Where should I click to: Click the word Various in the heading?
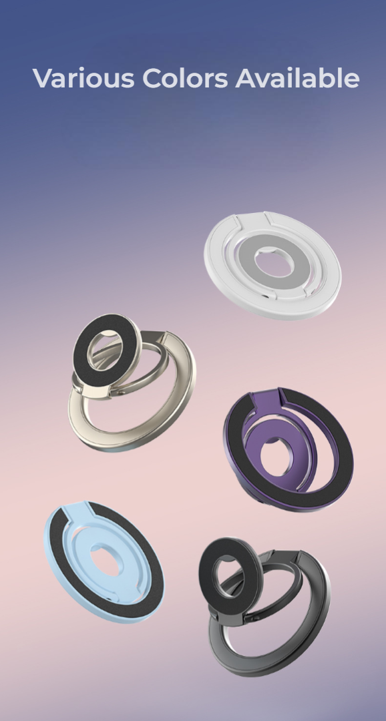pos(83,78)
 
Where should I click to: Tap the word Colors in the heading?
pos(185,78)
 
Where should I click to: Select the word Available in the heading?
pos(297,78)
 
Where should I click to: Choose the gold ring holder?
pos(132,383)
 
